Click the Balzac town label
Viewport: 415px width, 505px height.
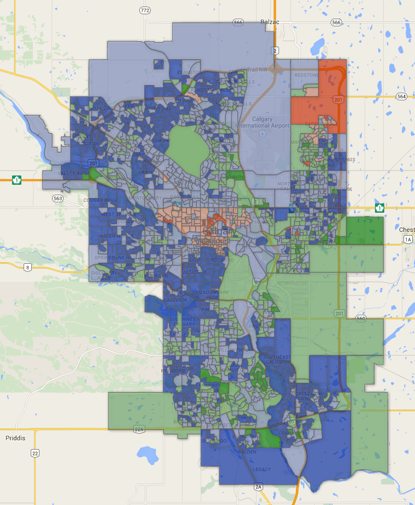(270, 22)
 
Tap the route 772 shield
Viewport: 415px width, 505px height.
(145, 10)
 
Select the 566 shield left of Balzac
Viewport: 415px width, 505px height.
(237, 22)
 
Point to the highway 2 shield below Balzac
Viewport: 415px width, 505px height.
(274, 50)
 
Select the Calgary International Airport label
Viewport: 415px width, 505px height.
(262, 122)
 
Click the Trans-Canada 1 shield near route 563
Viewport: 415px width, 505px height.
(17, 179)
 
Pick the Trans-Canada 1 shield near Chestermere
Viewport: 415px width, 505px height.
(379, 208)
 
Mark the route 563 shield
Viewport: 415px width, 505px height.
(57, 198)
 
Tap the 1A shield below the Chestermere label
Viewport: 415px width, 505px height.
(407, 240)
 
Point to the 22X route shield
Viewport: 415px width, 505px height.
(139, 429)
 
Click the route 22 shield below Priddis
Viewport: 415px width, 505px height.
(35, 453)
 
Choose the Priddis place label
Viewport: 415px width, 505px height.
(15, 438)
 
